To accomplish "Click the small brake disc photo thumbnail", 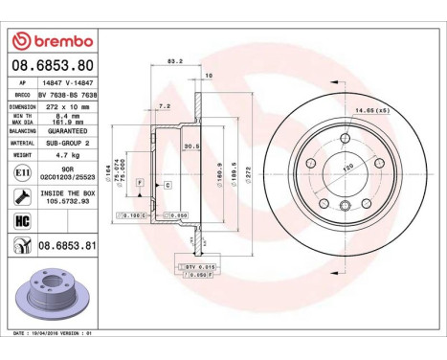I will (50, 298).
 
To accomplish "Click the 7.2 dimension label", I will (164, 108).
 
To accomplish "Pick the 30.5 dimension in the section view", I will (190, 146).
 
